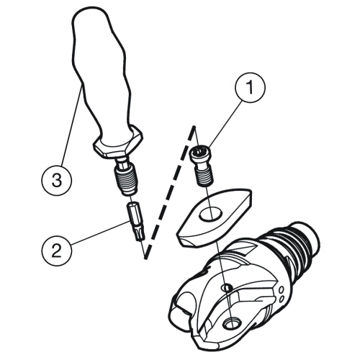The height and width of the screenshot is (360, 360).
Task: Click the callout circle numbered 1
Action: coord(250,87)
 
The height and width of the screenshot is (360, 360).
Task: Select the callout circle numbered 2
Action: coord(57,252)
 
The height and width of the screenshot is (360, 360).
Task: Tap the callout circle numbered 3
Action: coord(57,180)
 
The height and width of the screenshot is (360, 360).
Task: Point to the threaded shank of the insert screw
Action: coord(203,176)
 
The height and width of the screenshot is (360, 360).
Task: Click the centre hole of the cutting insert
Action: coord(211,214)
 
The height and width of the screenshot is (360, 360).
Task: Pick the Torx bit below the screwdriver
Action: coord(137,222)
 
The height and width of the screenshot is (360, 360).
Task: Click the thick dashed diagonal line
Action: coord(169,192)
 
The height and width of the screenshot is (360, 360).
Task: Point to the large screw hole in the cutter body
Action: coord(232,324)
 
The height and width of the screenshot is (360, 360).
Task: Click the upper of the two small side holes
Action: coord(281,289)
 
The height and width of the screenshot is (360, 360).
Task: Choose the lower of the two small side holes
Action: coord(282,298)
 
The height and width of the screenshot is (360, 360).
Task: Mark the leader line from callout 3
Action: coord(71,127)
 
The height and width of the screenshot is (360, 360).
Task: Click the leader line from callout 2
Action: coord(100,233)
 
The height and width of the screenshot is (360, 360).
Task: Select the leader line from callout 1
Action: coord(225,124)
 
